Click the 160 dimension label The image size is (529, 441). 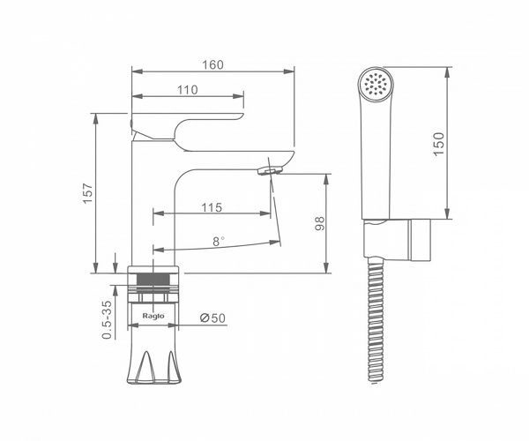point(212,64)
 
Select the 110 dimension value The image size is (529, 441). point(188,90)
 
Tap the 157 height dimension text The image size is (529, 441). point(88,193)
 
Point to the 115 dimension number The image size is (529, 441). point(212,207)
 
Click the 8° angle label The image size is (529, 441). point(219,242)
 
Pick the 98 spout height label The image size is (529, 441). point(319,223)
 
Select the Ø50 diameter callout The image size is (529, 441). point(212,318)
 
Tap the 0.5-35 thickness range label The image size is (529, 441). point(107,320)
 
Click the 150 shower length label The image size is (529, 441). point(439,144)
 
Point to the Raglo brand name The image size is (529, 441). point(153,316)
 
